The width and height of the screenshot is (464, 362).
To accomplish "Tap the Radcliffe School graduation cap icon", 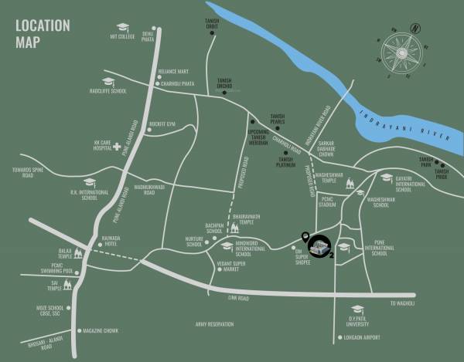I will click(107, 80).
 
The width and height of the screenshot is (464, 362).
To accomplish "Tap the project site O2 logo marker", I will click(317, 246).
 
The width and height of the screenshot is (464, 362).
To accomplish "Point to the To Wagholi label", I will click(403, 303).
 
